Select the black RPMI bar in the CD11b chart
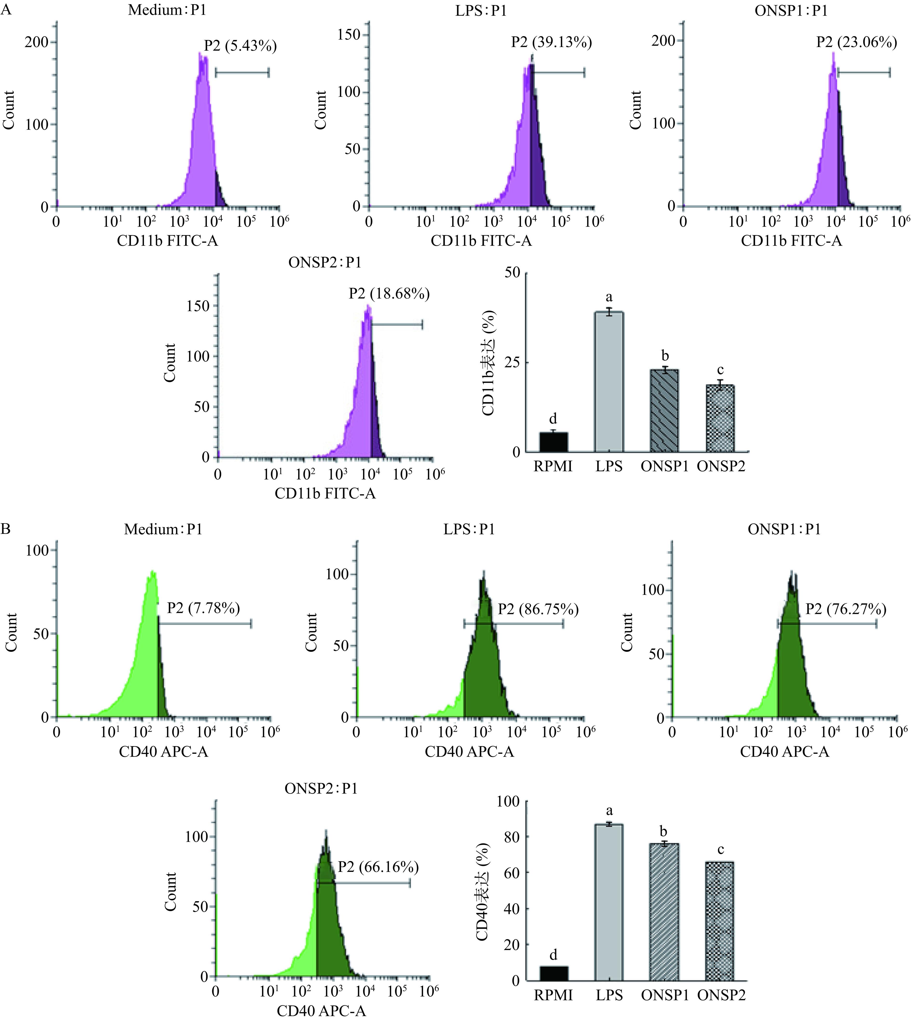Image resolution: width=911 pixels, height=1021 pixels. click(x=553, y=442)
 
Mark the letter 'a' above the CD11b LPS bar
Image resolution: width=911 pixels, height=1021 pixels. click(x=609, y=297)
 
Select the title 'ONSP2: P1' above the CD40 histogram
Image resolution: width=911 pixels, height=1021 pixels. click(x=321, y=789)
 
